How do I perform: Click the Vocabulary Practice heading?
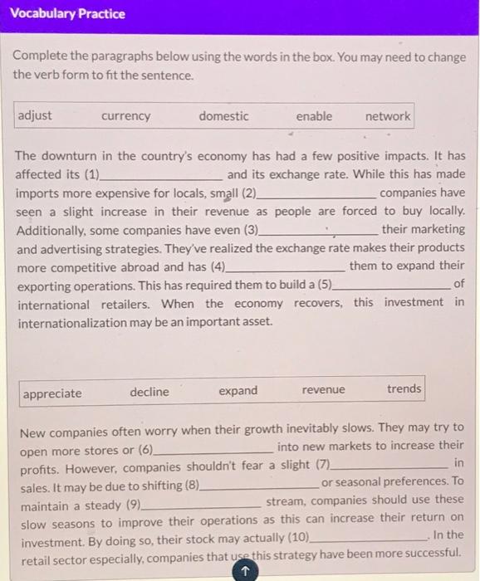click(68, 14)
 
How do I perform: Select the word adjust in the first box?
click(35, 115)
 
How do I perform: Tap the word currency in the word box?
click(125, 116)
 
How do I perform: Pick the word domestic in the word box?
click(223, 116)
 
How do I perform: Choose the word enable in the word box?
click(314, 116)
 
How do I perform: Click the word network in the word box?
click(388, 116)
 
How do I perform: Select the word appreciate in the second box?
click(52, 393)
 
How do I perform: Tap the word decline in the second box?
click(149, 392)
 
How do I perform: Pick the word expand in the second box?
click(238, 391)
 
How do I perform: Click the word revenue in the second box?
click(324, 390)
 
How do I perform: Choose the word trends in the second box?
click(404, 388)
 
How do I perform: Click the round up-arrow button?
click(245, 571)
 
